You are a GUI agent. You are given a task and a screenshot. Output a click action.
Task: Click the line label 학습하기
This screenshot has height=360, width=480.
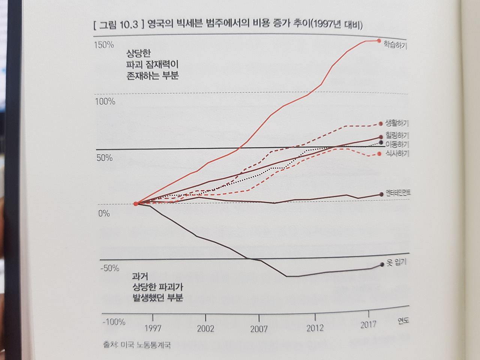click(395, 45)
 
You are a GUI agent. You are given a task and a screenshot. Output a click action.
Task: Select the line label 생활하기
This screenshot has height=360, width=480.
click(397, 123)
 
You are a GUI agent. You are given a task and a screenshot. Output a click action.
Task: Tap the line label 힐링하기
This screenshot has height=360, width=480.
click(397, 135)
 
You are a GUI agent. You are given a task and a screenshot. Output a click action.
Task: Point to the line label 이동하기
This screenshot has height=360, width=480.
click(397, 144)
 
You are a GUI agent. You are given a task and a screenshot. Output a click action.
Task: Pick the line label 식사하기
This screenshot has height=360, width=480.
click(397, 153)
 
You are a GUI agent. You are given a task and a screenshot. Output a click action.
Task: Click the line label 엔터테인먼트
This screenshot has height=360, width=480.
click(398, 193)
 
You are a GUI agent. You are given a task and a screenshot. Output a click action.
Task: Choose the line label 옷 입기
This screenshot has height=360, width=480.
click(396, 262)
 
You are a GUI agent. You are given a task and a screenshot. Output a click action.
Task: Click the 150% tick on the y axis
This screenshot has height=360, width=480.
click(104, 45)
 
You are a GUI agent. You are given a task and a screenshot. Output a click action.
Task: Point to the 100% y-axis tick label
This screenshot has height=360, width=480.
click(105, 102)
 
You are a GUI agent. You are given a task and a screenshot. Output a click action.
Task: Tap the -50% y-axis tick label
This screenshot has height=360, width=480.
click(109, 268)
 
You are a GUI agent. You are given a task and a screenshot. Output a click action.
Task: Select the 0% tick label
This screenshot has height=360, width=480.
click(104, 213)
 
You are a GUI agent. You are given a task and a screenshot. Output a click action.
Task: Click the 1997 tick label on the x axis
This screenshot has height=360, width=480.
click(153, 328)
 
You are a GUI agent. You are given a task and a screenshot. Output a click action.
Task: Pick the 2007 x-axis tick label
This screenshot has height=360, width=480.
click(259, 329)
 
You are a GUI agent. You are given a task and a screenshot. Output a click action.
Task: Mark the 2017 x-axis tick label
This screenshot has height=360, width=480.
click(368, 325)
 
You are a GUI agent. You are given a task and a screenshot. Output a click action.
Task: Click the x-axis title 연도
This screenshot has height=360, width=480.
click(403, 321)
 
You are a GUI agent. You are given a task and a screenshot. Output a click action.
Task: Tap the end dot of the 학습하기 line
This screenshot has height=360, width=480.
click(379, 40)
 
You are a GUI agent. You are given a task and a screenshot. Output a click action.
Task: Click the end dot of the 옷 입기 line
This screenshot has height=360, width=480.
click(382, 264)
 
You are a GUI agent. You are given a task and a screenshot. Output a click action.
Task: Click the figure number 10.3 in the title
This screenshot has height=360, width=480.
click(129, 25)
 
